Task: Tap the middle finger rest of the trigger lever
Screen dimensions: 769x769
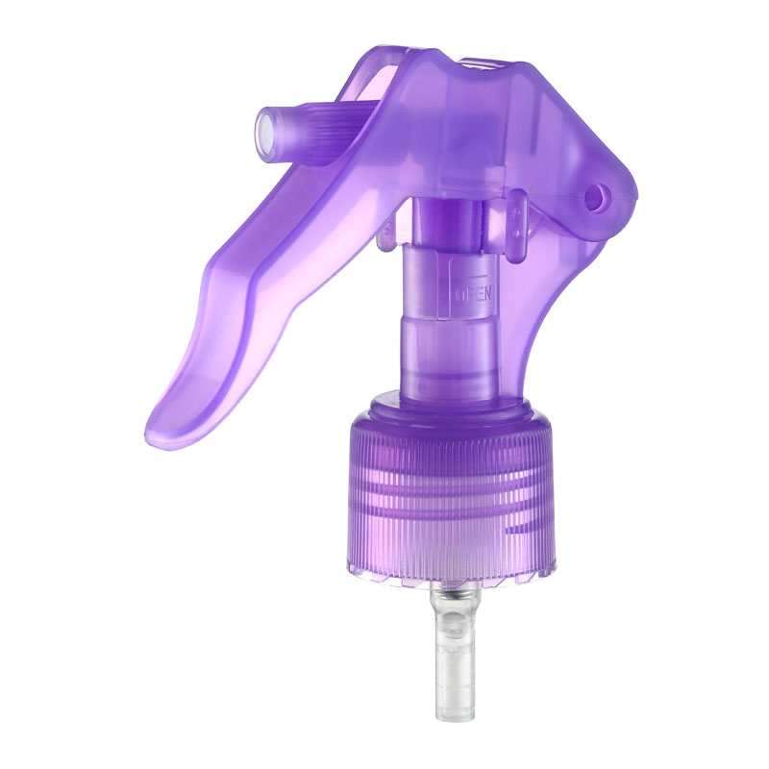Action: click(250, 288)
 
